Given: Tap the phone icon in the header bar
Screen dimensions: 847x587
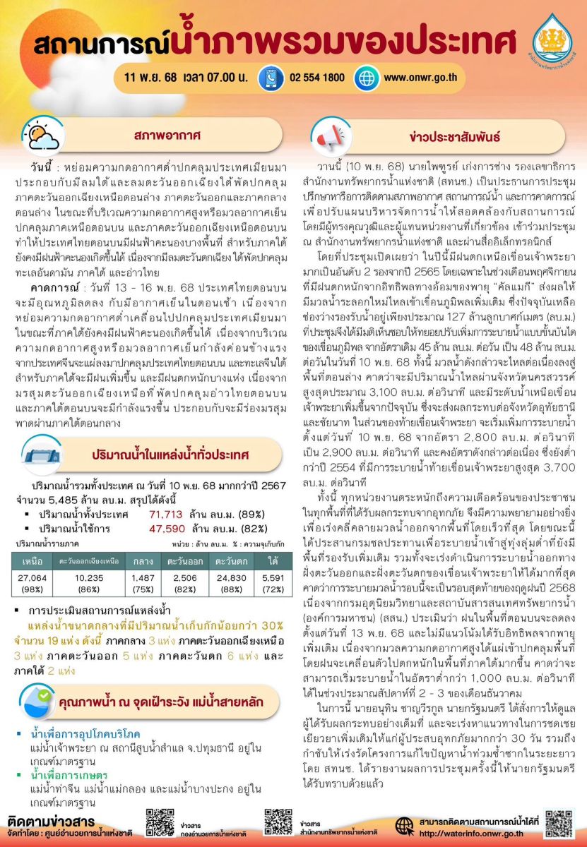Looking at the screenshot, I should [271, 78].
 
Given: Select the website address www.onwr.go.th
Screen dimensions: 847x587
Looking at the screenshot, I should [421, 78].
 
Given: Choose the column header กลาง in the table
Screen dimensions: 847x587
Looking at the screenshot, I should [143, 562].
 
